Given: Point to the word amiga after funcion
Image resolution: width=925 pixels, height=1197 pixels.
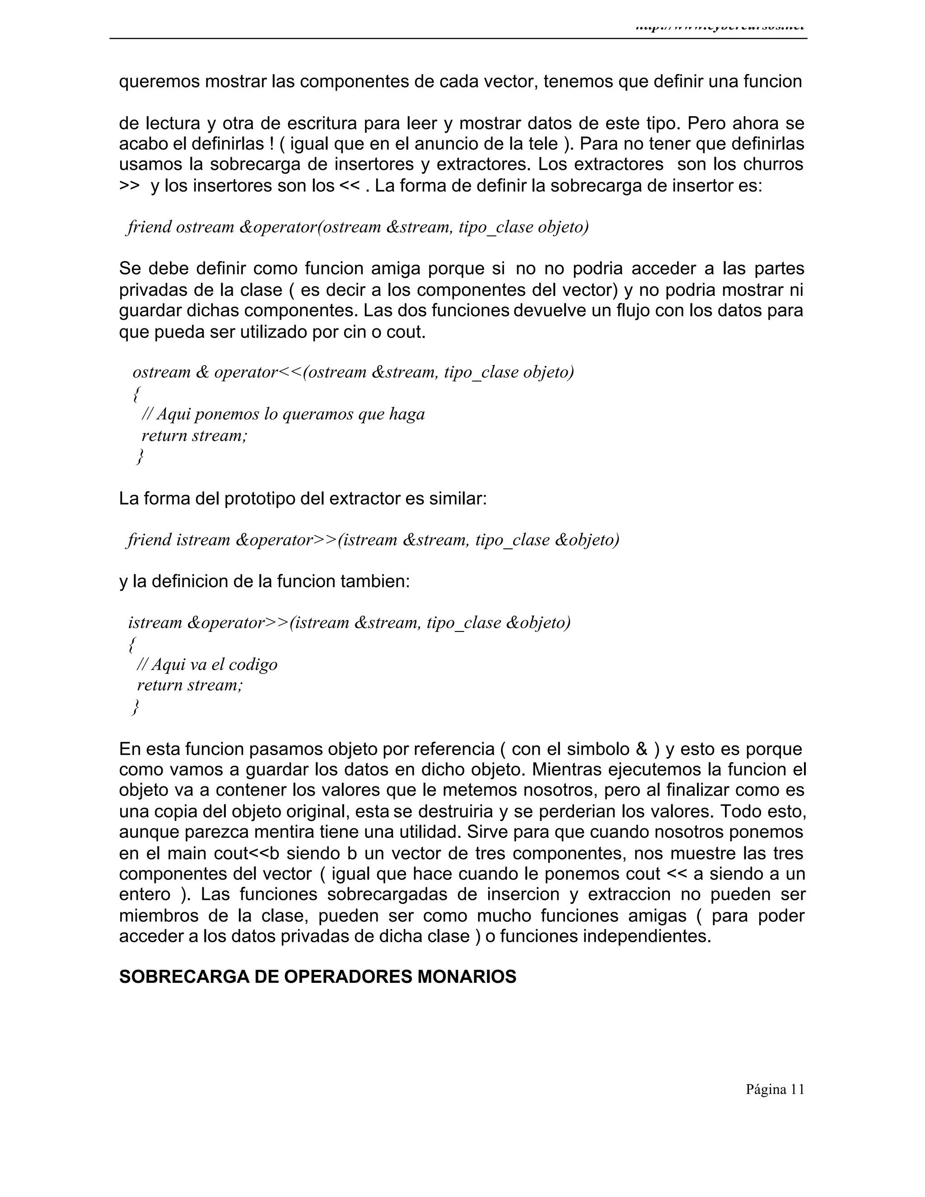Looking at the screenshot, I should click(396, 269).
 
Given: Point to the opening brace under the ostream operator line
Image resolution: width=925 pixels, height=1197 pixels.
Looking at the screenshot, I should click(136, 393).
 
